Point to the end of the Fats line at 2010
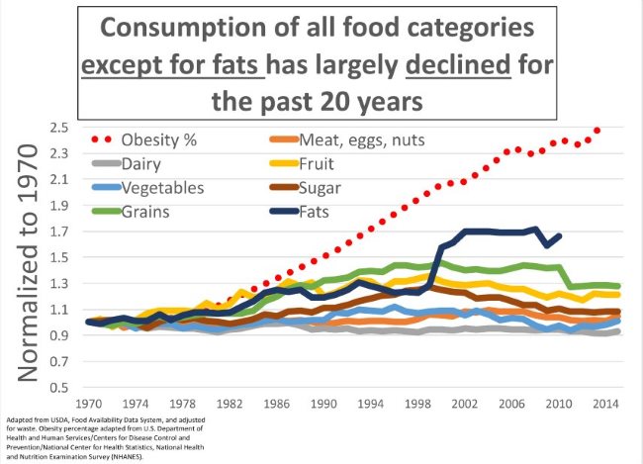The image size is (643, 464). (x=560, y=235)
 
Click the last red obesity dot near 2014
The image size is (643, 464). (x=597, y=131)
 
